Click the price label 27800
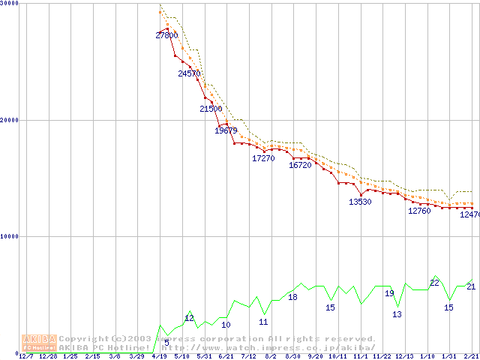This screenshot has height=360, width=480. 167,35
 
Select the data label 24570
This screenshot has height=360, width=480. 189,73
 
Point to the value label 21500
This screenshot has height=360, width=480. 211,109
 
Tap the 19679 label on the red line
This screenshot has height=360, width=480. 226,130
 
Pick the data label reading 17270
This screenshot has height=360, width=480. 263,158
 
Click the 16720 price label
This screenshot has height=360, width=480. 300,165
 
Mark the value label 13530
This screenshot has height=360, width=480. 360,202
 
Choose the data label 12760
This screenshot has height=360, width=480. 419,211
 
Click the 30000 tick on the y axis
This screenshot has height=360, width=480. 10,4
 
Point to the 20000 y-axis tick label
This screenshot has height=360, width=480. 10,120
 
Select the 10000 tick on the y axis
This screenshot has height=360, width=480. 10,236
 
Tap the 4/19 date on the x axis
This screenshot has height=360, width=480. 159,356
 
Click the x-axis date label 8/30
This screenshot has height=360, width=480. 292,356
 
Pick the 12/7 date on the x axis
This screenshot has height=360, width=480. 25,356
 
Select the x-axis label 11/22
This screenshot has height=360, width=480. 382,356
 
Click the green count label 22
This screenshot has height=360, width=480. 434,283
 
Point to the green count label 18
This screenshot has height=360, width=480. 292,297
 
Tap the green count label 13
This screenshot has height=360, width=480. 397,314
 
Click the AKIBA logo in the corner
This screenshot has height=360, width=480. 39,343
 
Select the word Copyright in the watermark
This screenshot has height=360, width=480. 83,338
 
